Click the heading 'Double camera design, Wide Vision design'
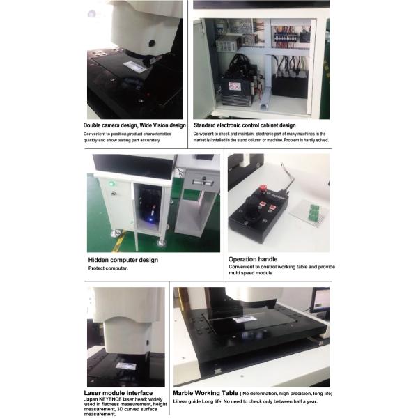click(134, 125)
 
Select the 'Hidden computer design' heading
click(123, 260)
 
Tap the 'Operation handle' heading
click(253, 259)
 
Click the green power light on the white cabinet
click(111, 185)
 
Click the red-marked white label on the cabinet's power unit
click(235, 88)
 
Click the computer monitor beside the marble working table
click(320, 300)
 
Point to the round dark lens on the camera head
click(151, 43)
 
